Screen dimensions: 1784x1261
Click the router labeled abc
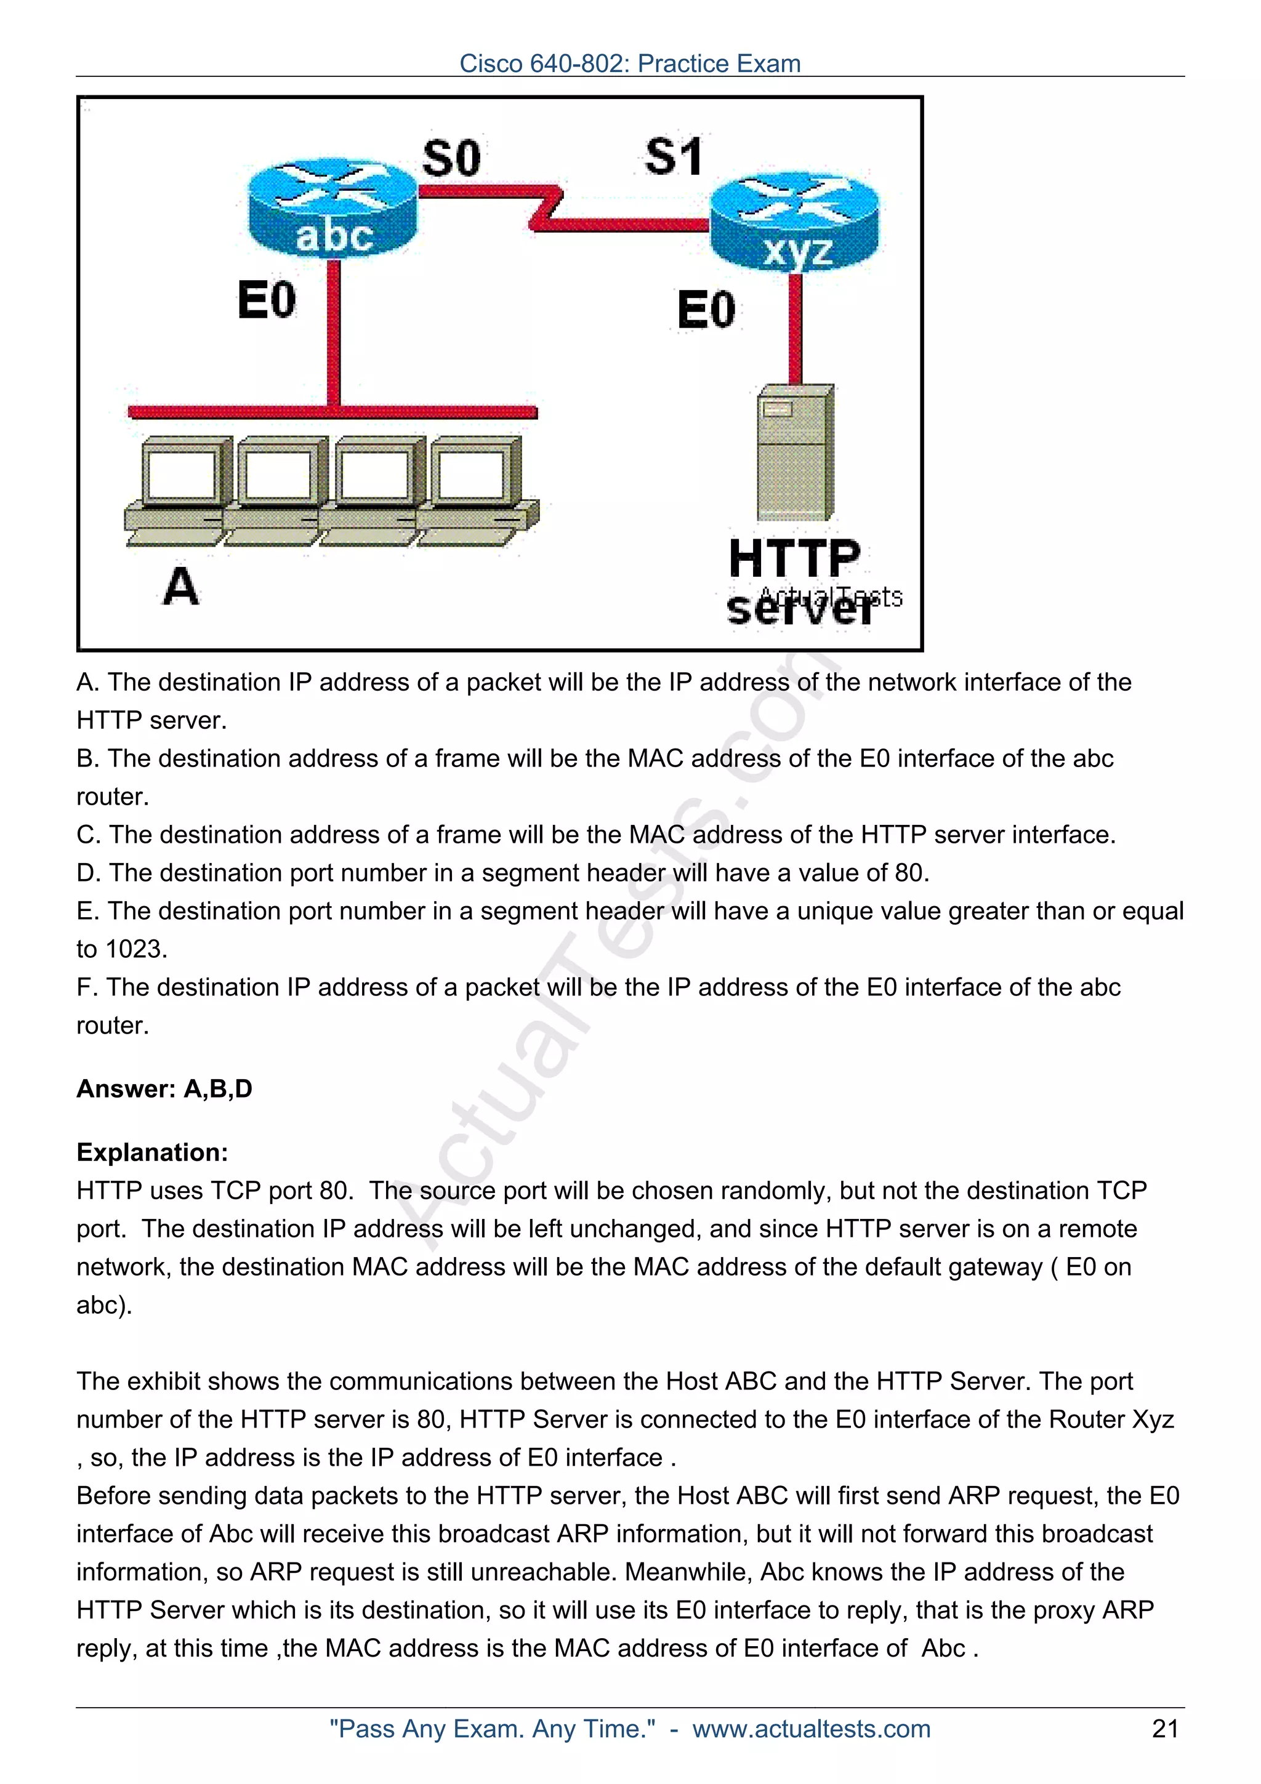click(x=332, y=210)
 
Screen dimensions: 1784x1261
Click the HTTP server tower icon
click(x=795, y=452)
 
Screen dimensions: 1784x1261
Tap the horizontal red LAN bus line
click(x=332, y=412)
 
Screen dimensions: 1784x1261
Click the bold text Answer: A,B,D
click(x=164, y=1088)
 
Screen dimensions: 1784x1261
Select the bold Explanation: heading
click(x=152, y=1152)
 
